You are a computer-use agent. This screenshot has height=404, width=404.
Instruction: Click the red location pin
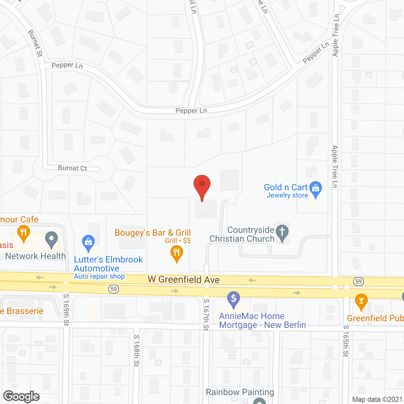pos(202,186)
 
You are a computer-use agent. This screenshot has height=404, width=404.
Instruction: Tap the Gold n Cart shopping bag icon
pos(315,189)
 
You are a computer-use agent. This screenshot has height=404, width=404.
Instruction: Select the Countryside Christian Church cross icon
pos(282,232)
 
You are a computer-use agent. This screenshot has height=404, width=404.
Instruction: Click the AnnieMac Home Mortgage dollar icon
pos(234,299)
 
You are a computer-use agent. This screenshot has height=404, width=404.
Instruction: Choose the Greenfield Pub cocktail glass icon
pos(361,301)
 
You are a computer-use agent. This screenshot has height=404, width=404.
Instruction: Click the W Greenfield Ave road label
pos(184,280)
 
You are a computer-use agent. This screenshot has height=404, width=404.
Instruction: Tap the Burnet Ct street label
pos(73,168)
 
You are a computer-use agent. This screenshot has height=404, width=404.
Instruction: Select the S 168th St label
pos(136,350)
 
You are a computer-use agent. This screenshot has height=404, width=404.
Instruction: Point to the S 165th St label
pos(346,341)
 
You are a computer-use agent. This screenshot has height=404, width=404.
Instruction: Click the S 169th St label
pos(66,309)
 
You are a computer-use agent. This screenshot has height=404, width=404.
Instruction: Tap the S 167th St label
pos(206,315)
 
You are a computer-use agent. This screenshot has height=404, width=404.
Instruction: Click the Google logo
pos(21,396)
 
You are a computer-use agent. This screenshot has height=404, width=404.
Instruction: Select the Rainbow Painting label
pos(240,392)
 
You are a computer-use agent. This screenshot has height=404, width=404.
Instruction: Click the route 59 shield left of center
pos(114,289)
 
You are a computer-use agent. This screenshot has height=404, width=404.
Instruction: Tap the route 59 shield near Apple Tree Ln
pos(358,281)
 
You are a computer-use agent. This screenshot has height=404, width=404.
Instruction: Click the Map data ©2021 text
pos(377,399)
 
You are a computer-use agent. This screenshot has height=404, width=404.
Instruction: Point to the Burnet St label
pos(35,43)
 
